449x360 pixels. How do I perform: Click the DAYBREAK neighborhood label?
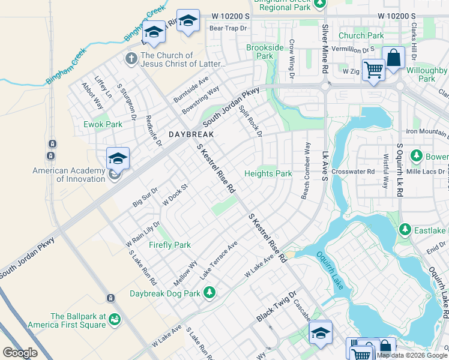click(191, 134)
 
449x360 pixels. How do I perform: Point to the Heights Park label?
click(268, 174)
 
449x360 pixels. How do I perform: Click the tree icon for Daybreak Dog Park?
click(209, 292)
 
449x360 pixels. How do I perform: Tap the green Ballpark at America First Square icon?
click(115, 321)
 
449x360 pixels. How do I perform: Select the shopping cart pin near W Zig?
click(373, 70)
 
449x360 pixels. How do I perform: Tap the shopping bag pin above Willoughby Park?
click(394, 58)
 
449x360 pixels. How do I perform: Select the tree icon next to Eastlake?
click(405, 229)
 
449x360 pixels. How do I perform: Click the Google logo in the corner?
click(20, 352)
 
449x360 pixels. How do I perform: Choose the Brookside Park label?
click(265, 52)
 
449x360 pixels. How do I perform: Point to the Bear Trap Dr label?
click(228, 28)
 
